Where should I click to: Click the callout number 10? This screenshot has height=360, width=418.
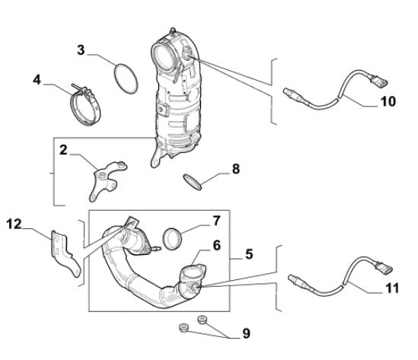click(388, 100)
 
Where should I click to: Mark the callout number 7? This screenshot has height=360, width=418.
click(216, 221)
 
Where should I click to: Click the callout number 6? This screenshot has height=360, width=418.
click(217, 245)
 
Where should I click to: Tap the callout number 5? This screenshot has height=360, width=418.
click(250, 257)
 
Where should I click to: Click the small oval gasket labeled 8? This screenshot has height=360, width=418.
click(194, 181)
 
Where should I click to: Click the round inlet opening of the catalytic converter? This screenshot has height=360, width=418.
click(166, 56)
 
